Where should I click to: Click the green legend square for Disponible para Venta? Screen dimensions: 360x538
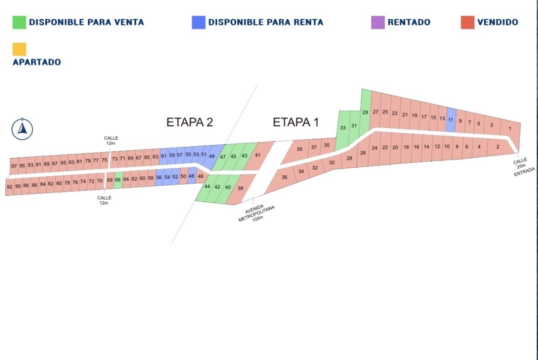coord(19,22)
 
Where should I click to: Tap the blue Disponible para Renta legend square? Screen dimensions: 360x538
coord(199,22)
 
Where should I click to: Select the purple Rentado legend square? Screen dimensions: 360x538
coord(378,22)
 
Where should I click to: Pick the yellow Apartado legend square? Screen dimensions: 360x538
coord(19,49)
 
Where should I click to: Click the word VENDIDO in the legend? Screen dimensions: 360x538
coord(497,22)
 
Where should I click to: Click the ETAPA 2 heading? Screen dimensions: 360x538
coord(189,122)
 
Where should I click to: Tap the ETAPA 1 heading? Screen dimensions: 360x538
coord(296,122)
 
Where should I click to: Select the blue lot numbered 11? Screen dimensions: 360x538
coord(451,120)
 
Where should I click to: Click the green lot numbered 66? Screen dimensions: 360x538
coord(118,179)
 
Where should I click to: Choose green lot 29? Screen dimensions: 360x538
coord(365,112)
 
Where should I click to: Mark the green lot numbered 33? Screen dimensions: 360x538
coord(343,128)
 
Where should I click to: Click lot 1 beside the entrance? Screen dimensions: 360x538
coord(510,129)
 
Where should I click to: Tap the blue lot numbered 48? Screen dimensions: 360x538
coord(192,176)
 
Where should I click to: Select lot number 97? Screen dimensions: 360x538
coord(14,166)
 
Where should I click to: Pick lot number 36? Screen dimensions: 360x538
coord(284,178)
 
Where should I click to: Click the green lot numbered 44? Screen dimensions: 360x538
coord(207,187)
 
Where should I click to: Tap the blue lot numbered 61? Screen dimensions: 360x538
coord(164,156)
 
